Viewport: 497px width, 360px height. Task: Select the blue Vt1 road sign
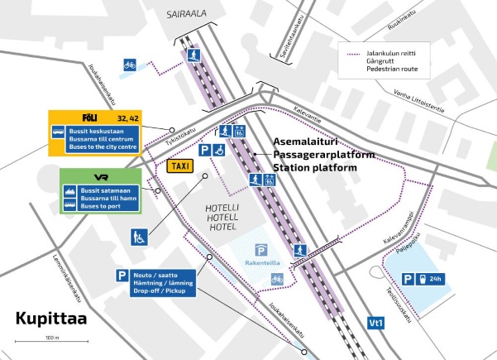click(x=375, y=322)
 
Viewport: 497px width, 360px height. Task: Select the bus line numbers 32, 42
click(x=127, y=117)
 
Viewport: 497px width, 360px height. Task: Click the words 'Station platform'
click(x=316, y=168)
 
